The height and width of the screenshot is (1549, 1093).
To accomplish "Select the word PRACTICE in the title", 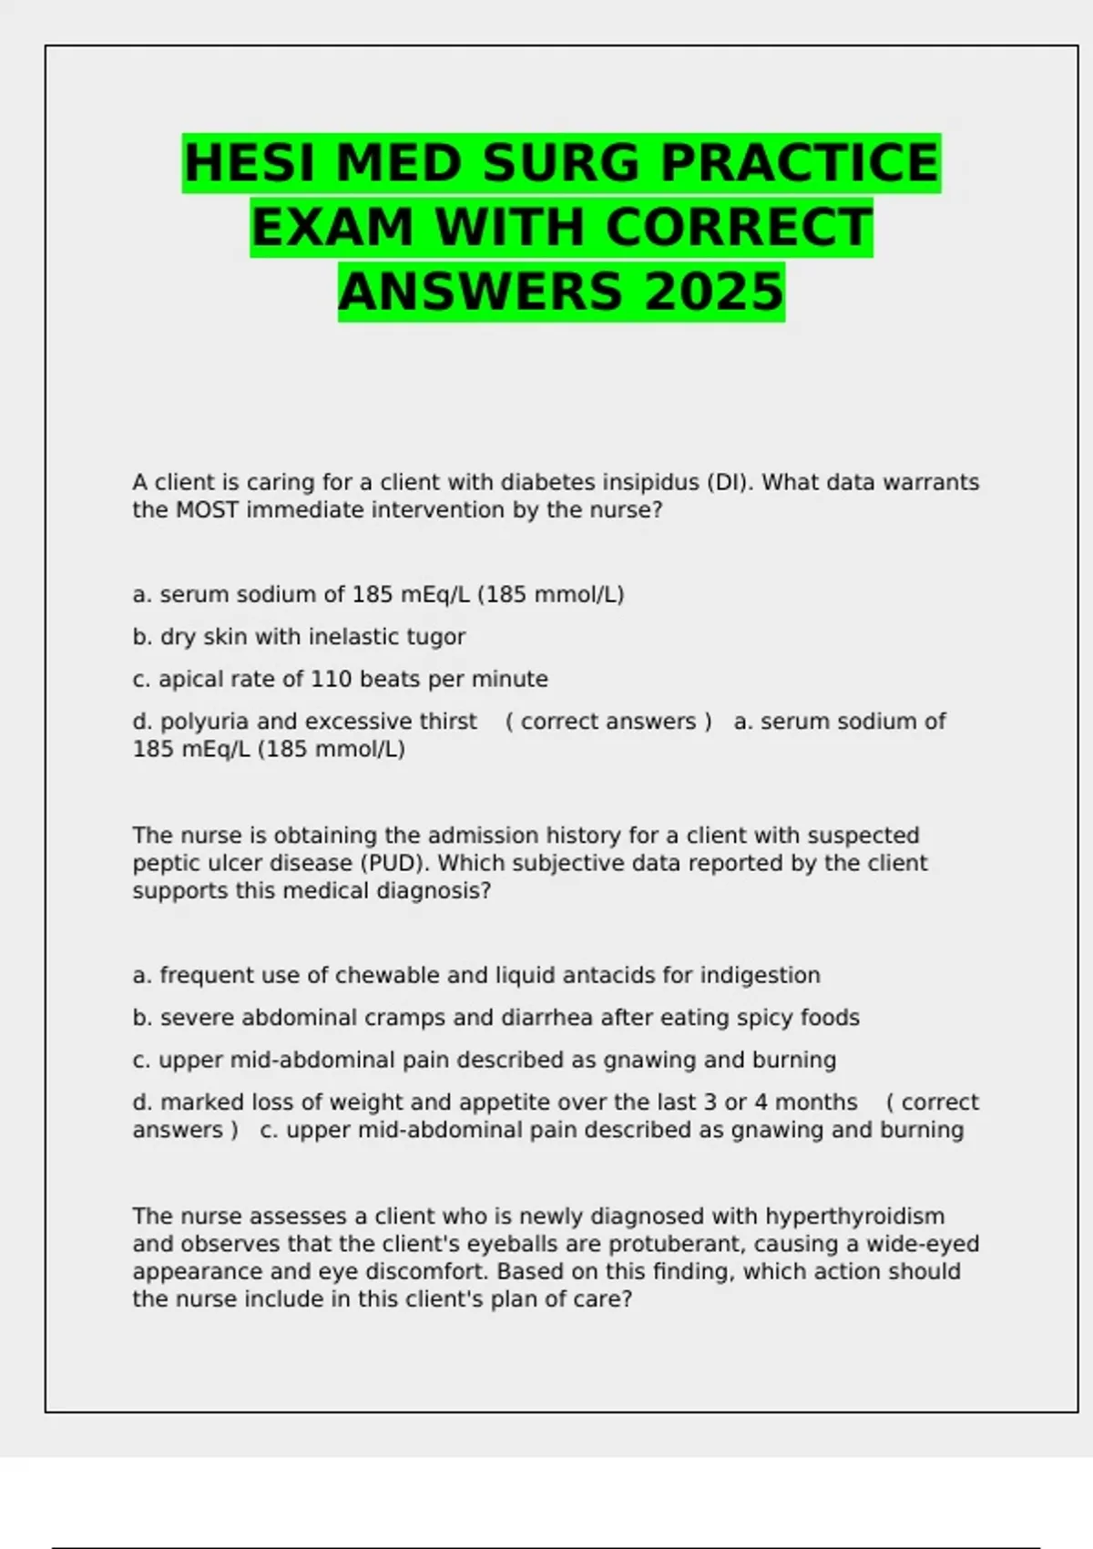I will click(x=799, y=164).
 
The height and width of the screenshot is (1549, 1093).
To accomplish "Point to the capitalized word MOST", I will click(x=207, y=509).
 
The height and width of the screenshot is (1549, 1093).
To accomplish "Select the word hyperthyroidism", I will click(x=854, y=1216).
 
